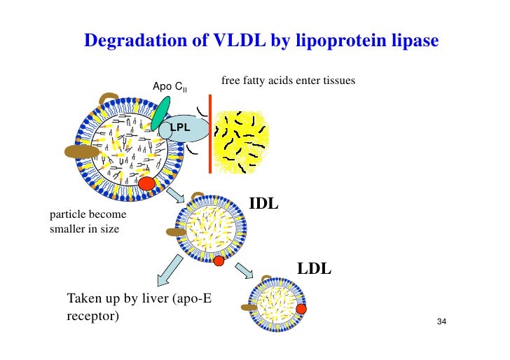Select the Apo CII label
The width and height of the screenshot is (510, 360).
[x=170, y=88]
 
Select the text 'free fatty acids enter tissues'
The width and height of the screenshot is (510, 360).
[x=288, y=81]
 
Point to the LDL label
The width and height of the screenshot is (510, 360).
[x=315, y=268]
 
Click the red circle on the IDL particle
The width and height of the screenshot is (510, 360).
[x=219, y=261]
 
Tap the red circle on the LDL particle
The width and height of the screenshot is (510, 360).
[x=301, y=308]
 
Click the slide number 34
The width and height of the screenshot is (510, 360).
[x=441, y=322]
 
